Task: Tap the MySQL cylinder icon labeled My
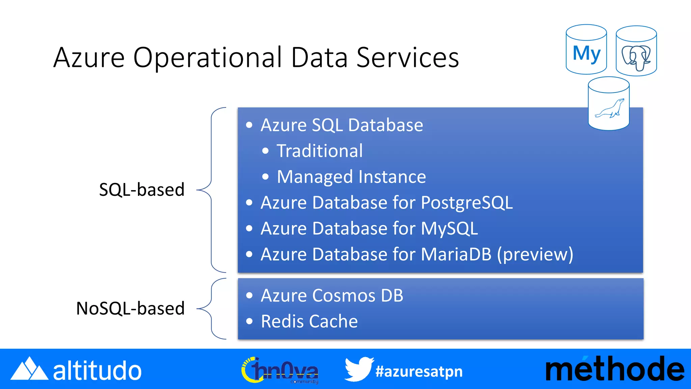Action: click(586, 50)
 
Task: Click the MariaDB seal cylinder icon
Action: click(609, 104)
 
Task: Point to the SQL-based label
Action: click(142, 190)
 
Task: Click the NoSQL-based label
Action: click(130, 309)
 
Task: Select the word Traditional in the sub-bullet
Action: click(320, 151)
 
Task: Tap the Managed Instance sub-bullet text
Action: click(351, 177)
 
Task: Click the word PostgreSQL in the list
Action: click(467, 203)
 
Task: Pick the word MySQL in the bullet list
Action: click(449, 229)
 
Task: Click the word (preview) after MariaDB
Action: click(535, 254)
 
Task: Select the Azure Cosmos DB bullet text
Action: click(332, 296)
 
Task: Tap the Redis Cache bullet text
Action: click(309, 321)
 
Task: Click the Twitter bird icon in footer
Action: click(359, 369)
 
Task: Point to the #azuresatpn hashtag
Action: click(419, 371)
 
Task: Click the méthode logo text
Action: click(615, 369)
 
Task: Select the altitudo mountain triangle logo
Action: click(29, 369)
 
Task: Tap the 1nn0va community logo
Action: click(280, 370)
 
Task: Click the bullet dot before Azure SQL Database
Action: click(249, 125)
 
